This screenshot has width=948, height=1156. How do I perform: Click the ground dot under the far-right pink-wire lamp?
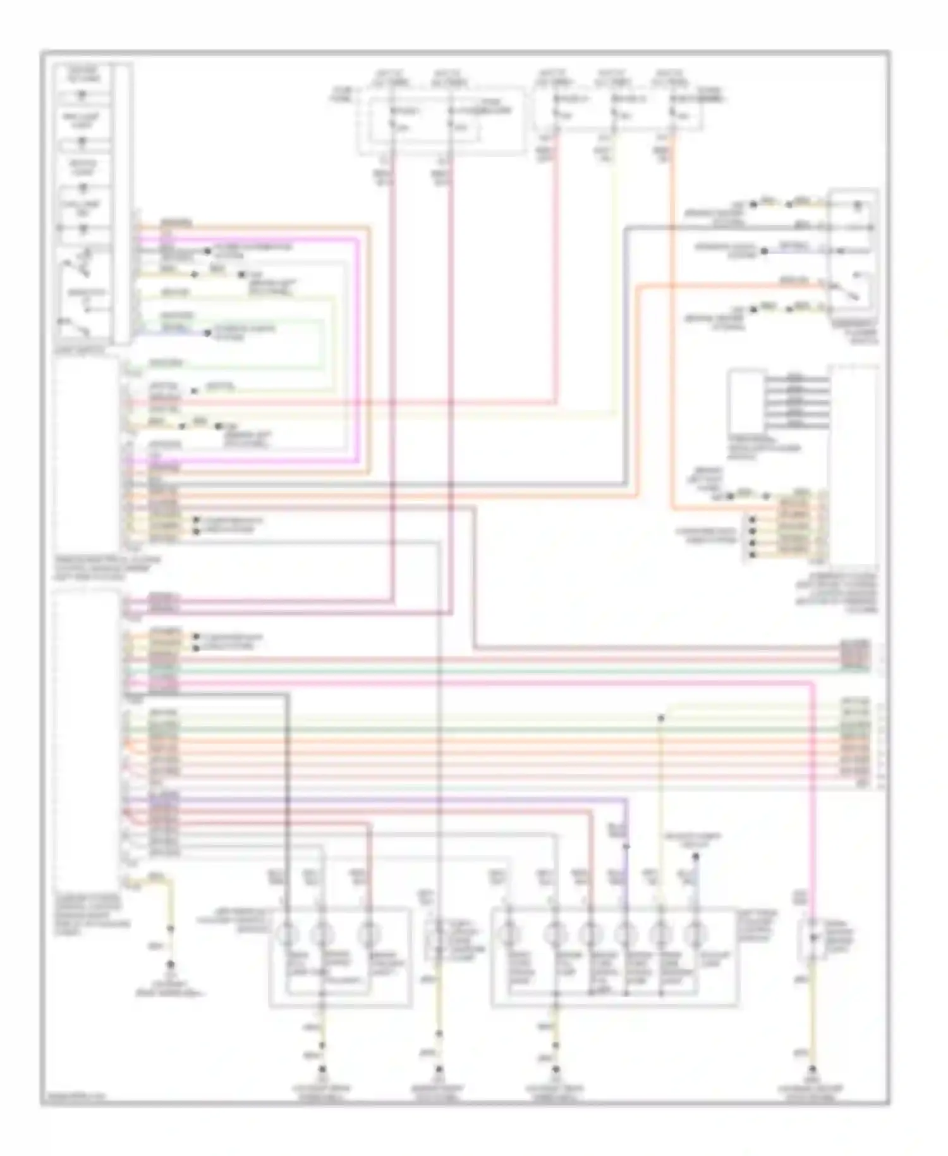[x=813, y=1070]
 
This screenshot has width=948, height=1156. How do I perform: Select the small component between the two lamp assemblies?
[x=439, y=938]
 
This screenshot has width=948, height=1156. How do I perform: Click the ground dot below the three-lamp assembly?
[x=322, y=1070]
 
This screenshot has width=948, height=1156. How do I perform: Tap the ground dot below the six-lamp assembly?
[x=556, y=1070]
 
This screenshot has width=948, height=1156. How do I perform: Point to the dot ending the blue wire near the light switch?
[x=207, y=333]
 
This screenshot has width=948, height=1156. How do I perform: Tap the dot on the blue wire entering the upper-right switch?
[x=763, y=251]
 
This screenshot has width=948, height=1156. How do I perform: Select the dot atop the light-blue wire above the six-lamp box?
[x=695, y=857]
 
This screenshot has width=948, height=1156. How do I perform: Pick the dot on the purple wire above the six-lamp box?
[x=626, y=845]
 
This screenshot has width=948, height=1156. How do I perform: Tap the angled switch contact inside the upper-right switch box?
[x=847, y=292]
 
